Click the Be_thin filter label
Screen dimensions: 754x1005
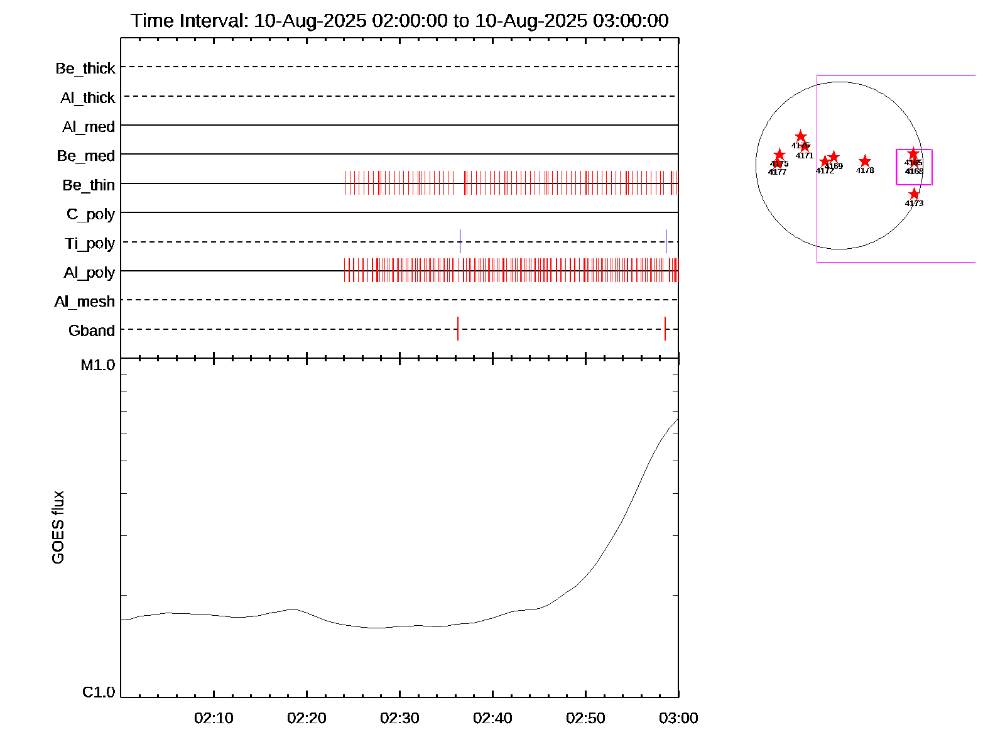(89, 185)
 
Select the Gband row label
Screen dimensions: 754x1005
(92, 331)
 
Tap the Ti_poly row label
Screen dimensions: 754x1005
(90, 244)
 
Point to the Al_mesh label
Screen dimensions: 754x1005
(85, 302)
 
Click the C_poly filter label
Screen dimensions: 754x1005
(91, 215)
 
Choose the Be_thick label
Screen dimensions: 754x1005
(85, 68)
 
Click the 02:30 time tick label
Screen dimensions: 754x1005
(399, 718)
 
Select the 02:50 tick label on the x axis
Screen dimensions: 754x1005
(585, 718)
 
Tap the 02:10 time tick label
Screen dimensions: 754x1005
(214, 718)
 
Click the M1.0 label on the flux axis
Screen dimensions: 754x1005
(98, 365)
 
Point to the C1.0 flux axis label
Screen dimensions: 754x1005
(99, 692)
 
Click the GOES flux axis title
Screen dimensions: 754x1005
(58, 528)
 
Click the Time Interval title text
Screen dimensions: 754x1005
(399, 21)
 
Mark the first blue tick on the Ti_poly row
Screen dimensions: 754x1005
(460, 241)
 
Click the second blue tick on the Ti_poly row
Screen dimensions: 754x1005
(666, 241)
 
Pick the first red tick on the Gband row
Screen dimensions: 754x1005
(458, 329)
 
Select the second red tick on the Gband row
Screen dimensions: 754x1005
(665, 329)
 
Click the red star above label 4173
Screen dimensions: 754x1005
(914, 194)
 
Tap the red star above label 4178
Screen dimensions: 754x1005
(865, 161)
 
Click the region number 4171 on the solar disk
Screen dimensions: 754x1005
(805, 156)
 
